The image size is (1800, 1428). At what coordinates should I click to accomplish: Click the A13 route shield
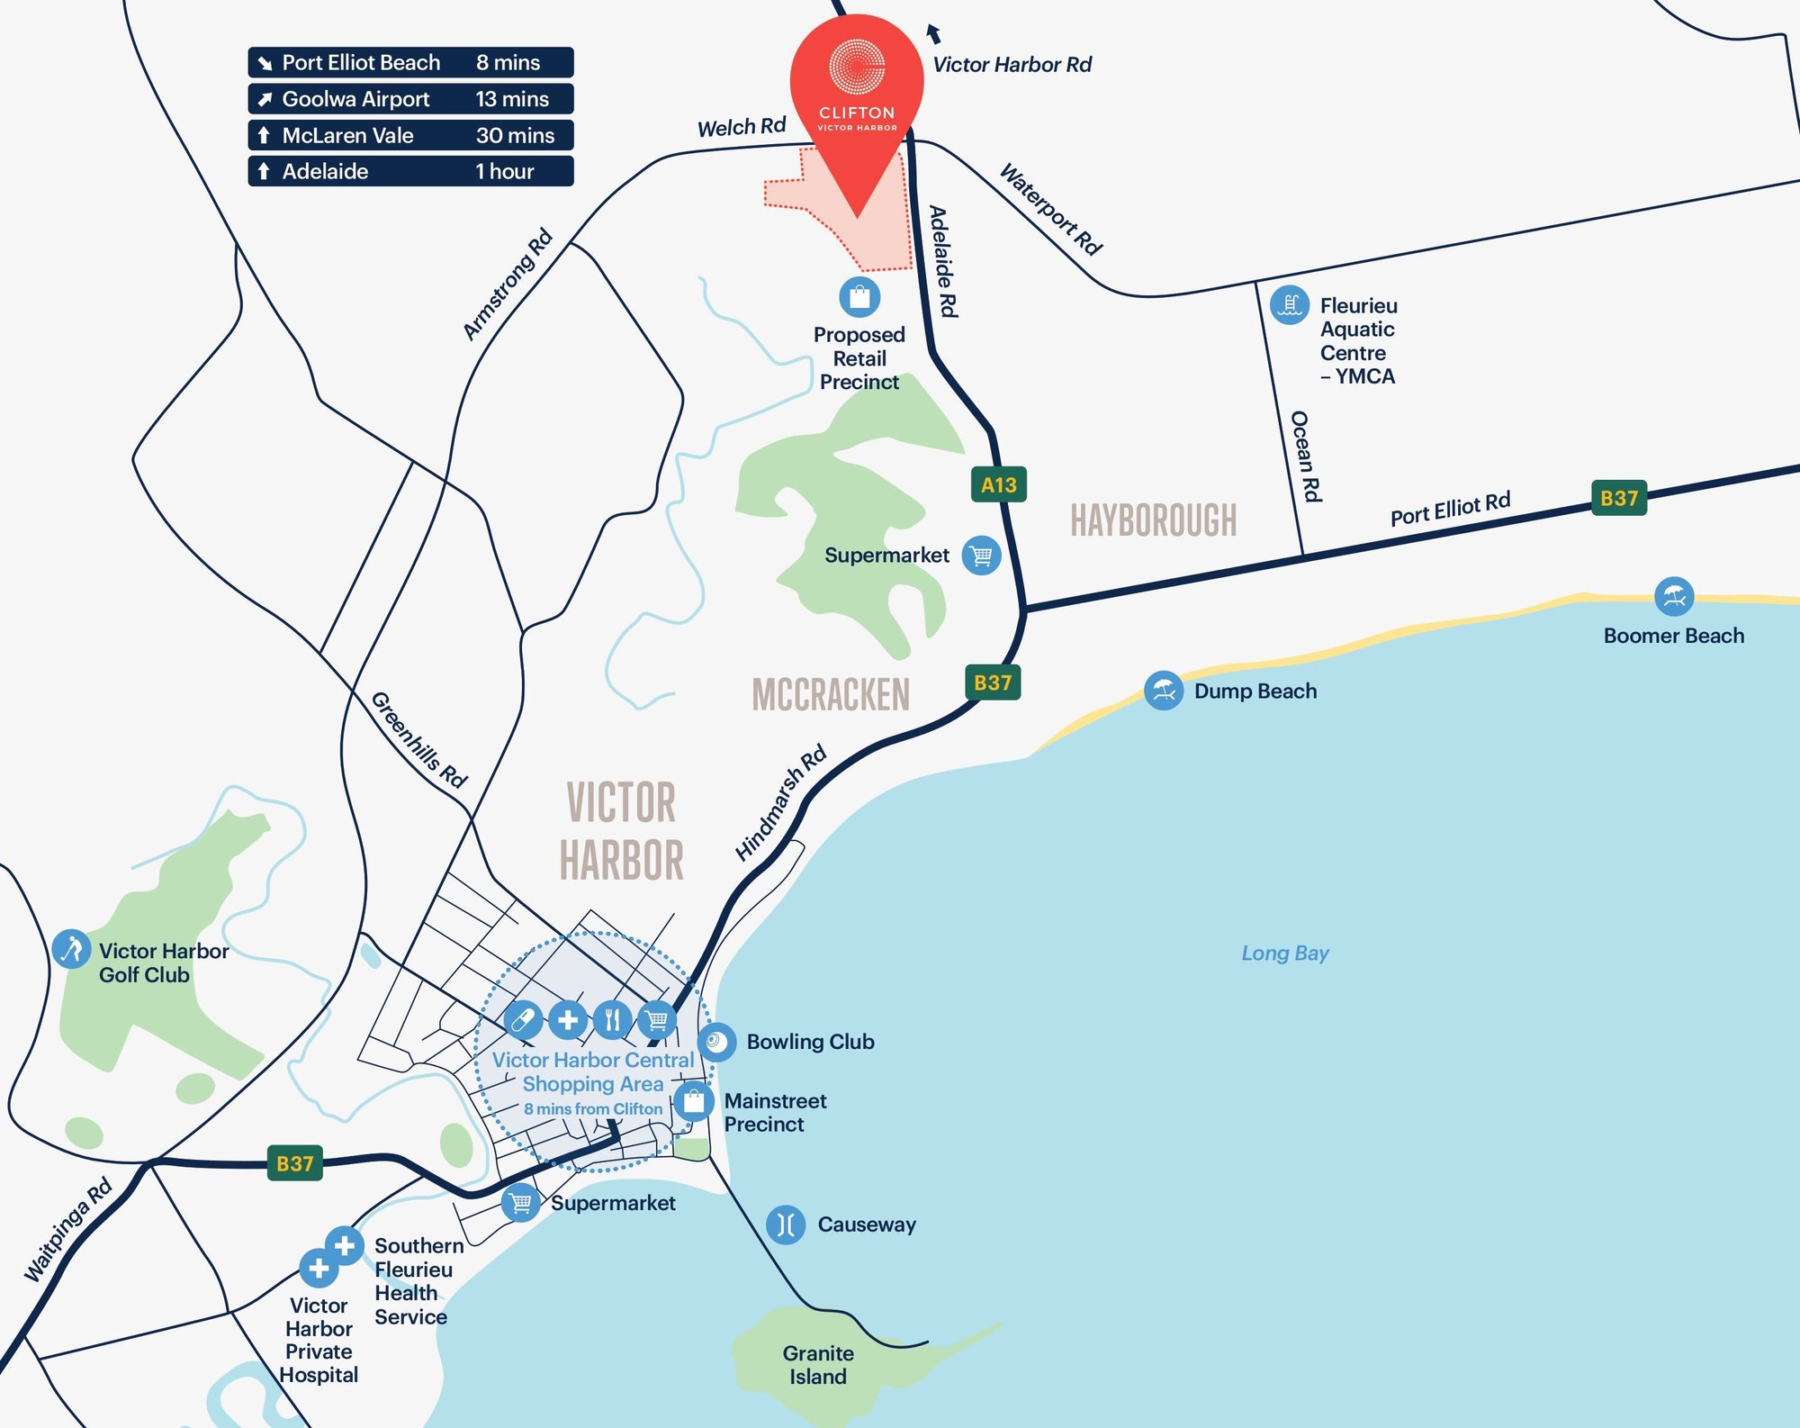pos(998,484)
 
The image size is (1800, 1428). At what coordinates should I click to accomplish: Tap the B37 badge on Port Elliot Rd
pos(1618,498)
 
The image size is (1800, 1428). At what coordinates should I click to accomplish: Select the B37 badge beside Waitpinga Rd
pos(294,1163)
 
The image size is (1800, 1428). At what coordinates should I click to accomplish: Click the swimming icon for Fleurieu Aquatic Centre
pos(1289,305)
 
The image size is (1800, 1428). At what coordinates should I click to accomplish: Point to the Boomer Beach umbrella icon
pos(1673,596)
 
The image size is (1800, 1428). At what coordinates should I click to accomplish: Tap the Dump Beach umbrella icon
pos(1163,691)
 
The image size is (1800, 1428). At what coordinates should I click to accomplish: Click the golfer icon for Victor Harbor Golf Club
pos(71,949)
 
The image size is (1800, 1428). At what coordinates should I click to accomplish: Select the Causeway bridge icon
pos(786,1225)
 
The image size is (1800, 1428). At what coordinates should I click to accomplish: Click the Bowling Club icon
pos(716,1042)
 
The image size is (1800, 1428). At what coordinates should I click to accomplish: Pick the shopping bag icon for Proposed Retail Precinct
pos(859,296)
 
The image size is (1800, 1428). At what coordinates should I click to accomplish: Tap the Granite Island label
pos(817,1365)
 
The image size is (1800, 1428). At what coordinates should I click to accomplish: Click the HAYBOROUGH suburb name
pos(1153,520)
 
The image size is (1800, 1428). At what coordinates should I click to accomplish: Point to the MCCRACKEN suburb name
pos(830,694)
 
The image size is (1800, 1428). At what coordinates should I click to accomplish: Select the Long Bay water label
pos(1284,953)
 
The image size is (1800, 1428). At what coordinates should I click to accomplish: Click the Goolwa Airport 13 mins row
pos(410,99)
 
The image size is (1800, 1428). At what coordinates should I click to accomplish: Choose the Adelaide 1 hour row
pos(410,171)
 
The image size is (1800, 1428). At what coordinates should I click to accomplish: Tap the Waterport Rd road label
pos(1050,209)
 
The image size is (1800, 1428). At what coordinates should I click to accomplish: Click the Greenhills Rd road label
pos(418,740)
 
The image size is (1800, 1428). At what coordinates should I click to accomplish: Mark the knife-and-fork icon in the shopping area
pos(612,1020)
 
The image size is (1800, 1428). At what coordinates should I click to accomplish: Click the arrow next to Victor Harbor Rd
pos(933,33)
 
